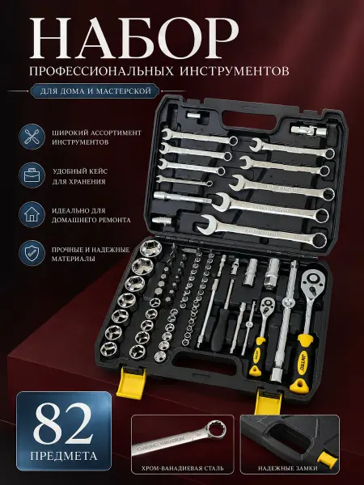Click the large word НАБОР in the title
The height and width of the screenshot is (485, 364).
click(134, 38)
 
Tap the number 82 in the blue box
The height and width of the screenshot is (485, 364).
click(63, 423)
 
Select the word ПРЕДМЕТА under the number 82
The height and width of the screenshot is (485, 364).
click(64, 455)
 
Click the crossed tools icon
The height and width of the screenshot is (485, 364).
click(32, 137)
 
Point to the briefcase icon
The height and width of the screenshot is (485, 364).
click(32, 175)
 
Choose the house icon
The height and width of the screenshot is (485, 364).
click(32, 214)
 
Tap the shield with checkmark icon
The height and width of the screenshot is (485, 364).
click(32, 253)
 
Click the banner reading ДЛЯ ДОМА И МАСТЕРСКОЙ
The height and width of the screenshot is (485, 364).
click(95, 91)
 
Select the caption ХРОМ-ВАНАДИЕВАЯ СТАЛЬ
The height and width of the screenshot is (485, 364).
click(182, 468)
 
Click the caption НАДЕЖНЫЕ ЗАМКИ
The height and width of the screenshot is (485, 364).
click(288, 468)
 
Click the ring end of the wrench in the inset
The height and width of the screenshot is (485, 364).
click(216, 428)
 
